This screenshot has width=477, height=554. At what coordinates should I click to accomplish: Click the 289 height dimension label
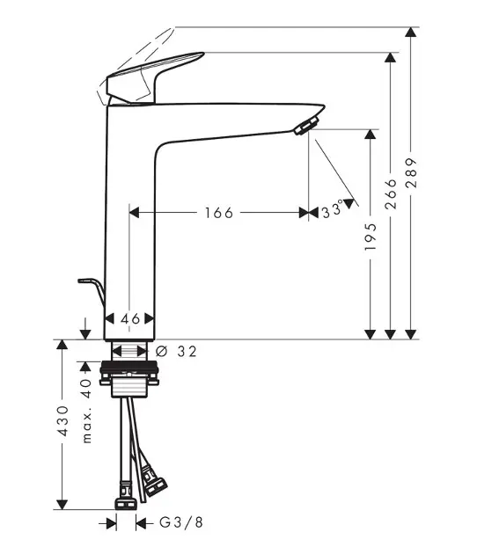click(x=411, y=172)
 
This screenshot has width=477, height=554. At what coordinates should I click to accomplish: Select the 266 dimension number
click(x=391, y=193)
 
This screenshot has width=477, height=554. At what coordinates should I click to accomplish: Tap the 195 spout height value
click(x=371, y=237)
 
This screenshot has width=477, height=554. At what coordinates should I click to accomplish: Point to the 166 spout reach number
click(x=219, y=213)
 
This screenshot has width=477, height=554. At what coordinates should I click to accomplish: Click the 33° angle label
click(x=333, y=209)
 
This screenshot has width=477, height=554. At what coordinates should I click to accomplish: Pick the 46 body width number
click(x=130, y=319)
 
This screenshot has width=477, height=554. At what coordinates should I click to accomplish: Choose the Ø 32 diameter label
click(x=176, y=351)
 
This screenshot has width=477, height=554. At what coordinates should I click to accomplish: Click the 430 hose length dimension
click(x=63, y=421)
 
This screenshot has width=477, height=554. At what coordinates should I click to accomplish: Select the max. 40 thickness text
click(x=86, y=411)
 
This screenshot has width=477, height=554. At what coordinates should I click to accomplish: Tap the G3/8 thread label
click(x=181, y=522)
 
